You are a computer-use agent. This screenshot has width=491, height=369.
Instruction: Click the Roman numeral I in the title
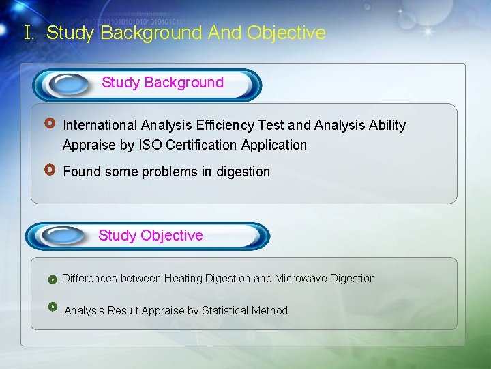28,33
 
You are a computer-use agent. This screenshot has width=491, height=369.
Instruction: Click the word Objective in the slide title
286,33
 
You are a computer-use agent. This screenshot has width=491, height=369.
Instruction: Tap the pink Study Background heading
162,83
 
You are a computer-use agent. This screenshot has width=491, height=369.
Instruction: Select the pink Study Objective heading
151,236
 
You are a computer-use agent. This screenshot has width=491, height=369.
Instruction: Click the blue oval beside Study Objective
61,236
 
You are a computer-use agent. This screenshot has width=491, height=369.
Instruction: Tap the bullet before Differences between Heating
53,279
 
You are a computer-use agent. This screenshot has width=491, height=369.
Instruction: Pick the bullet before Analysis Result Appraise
53,307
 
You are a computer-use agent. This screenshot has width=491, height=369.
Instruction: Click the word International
100,125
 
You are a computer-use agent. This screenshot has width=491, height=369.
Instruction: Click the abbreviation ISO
150,145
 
